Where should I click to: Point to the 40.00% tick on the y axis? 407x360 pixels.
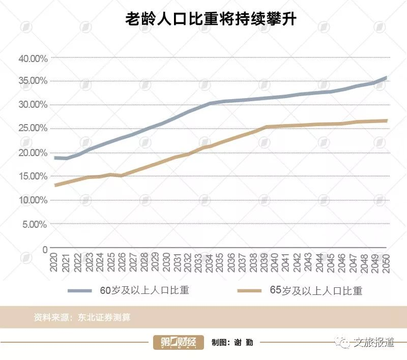(33, 58)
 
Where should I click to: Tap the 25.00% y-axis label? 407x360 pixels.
(33, 129)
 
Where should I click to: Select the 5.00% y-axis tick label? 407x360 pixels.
(35, 224)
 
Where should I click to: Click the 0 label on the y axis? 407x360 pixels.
(45, 249)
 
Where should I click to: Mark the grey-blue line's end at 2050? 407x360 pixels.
(386, 78)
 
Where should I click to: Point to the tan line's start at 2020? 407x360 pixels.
(55, 185)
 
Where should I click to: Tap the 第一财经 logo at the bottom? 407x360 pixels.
(179, 343)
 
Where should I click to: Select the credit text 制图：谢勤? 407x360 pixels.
(232, 343)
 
